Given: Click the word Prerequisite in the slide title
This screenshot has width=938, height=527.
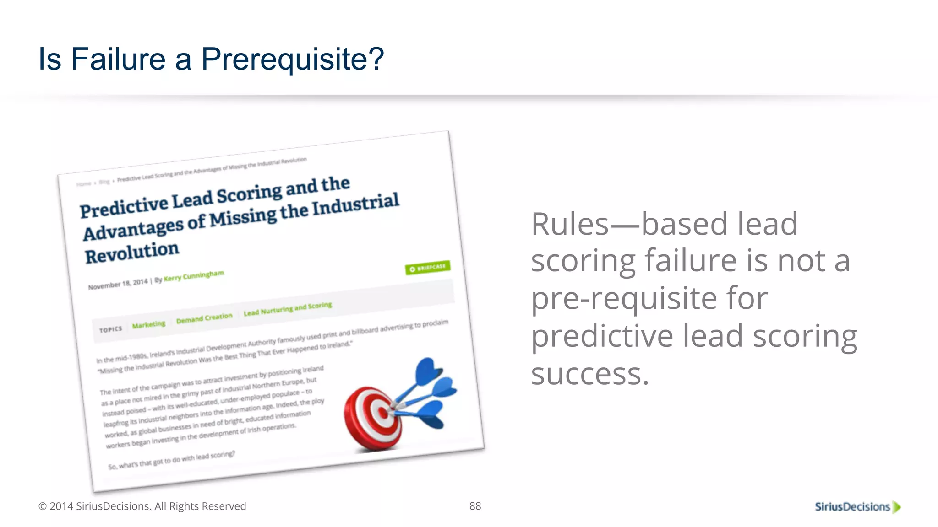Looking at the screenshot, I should [x=292, y=59].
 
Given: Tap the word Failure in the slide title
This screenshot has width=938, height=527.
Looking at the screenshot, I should [x=118, y=59].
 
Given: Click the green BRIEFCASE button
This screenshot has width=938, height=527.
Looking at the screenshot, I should [x=428, y=267].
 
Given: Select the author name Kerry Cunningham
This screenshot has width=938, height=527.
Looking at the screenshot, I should [x=194, y=276].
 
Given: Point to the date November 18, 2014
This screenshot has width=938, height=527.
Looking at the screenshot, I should [x=118, y=284].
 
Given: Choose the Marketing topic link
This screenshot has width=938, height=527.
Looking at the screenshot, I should [x=148, y=324].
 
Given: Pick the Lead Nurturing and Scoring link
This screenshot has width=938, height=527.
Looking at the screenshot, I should [x=288, y=309].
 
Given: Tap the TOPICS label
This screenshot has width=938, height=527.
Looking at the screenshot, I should [x=111, y=329].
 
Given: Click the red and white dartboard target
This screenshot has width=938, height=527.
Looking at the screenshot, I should [x=373, y=417].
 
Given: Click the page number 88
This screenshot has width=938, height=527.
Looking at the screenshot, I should [x=475, y=506].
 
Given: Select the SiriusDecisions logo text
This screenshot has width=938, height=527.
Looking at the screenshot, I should [x=852, y=506].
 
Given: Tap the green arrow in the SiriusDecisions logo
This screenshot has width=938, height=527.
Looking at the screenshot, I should [x=897, y=507].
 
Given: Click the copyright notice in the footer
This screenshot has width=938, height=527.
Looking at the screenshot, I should [x=142, y=506].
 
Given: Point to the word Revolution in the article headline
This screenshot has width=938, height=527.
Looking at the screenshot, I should [x=132, y=252].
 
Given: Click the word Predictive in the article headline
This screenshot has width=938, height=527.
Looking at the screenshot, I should [x=124, y=207].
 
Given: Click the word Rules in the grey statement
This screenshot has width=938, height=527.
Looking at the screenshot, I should [x=570, y=224].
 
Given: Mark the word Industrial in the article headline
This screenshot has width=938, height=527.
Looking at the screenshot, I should [x=355, y=204].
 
